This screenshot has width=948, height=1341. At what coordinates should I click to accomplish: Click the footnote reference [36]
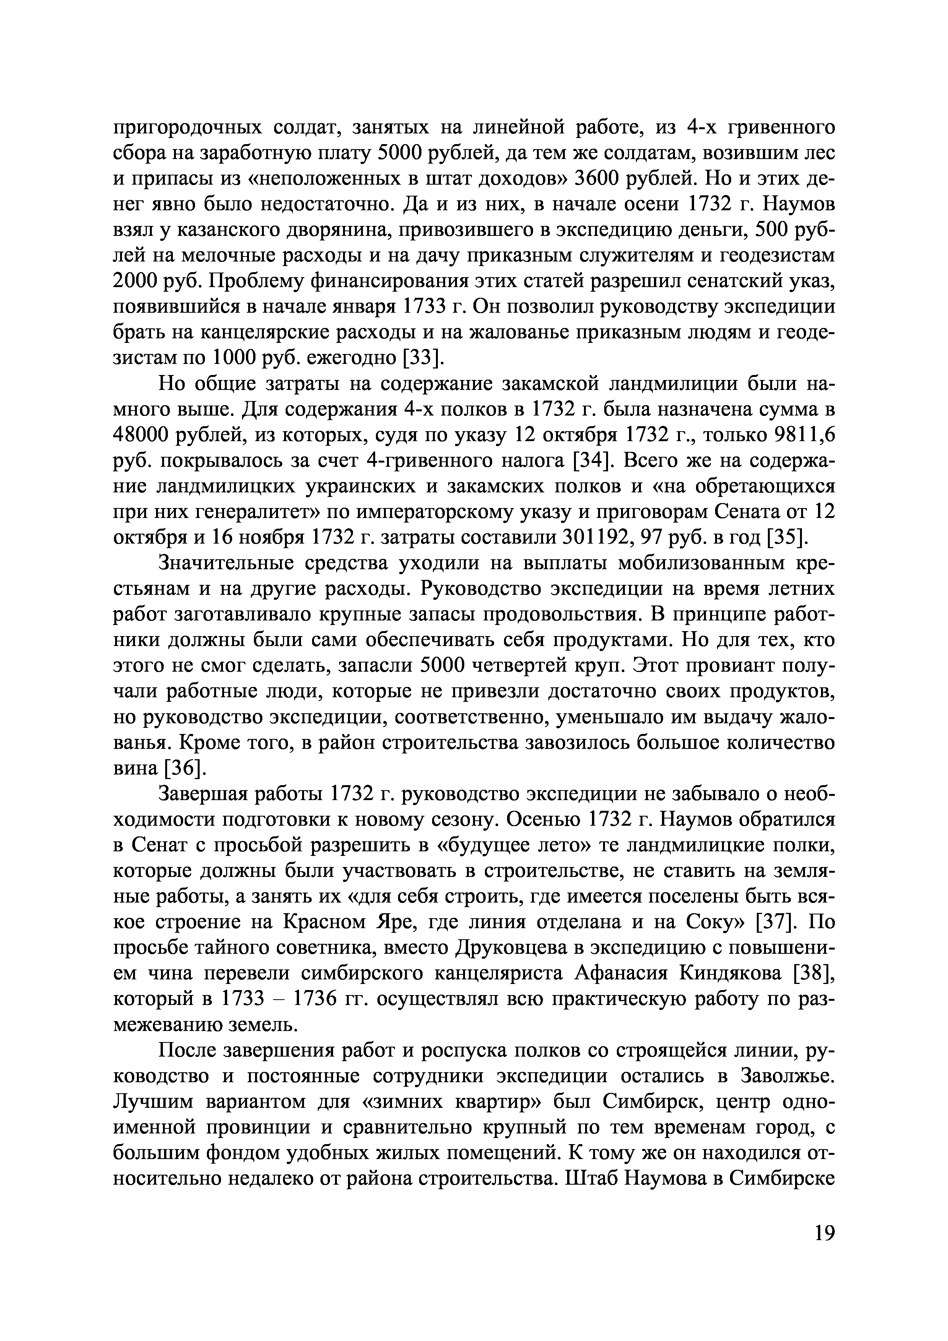(x=184, y=769)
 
